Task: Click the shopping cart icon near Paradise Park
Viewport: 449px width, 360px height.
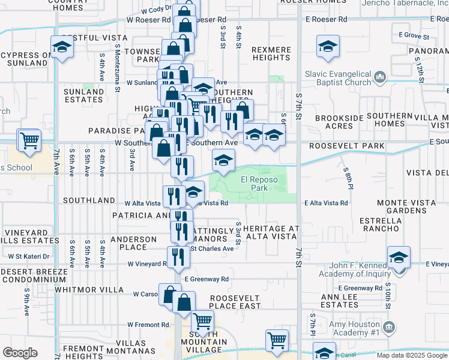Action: (x=29, y=140)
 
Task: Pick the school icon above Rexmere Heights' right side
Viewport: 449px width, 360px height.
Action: (x=328, y=46)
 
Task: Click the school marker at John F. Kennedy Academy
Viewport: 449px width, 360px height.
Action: (x=398, y=257)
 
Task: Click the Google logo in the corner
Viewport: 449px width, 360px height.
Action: (x=20, y=353)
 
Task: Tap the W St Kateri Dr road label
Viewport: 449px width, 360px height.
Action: (x=28, y=256)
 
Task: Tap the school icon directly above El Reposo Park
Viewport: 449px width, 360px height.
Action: (x=223, y=161)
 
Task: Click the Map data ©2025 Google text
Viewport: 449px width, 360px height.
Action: (x=411, y=355)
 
